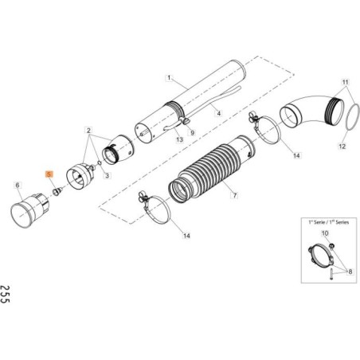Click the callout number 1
[169, 78]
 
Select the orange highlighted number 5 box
[49, 173]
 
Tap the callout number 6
[18, 185]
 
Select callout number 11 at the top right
[345, 82]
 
